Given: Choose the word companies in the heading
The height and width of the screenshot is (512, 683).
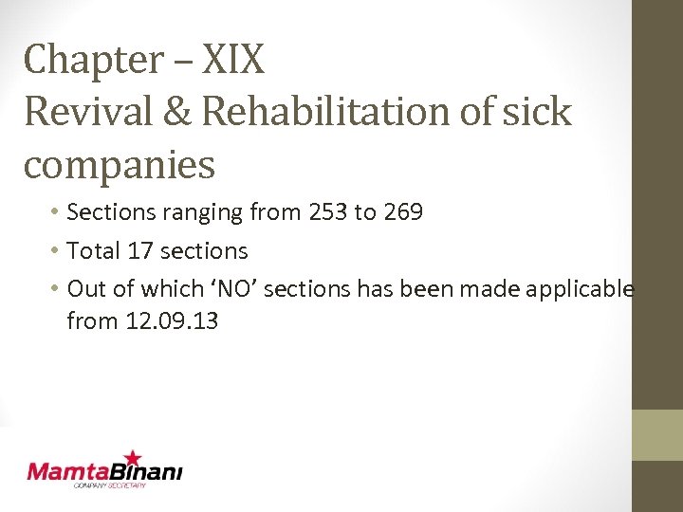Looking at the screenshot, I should pos(120,165).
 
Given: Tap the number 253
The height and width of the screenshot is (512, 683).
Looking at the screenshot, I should pos(327,212).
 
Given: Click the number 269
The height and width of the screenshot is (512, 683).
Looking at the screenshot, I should pos(403,212).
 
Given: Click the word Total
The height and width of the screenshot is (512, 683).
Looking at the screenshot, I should pos(94,251).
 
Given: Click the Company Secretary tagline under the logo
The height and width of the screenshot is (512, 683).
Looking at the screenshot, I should pos(110,485).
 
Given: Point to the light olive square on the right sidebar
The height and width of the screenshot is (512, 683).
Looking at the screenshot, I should pos(657,435).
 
